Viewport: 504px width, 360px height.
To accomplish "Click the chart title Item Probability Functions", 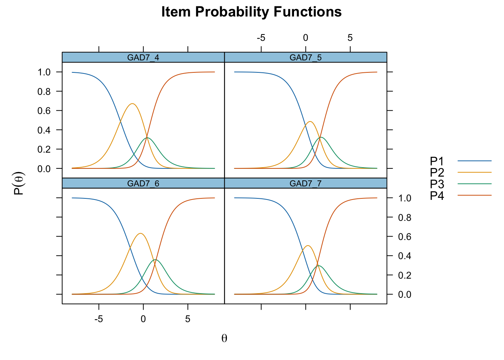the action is (251, 12).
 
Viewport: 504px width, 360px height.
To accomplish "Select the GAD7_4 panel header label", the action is (143, 58).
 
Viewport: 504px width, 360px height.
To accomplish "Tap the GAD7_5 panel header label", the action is (306, 58).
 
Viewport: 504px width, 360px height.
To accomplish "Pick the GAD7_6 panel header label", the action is (143, 183).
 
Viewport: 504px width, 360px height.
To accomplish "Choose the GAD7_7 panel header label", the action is (306, 183).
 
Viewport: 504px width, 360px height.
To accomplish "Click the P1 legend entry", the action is (460, 161).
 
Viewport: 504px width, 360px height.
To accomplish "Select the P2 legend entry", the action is (460, 172).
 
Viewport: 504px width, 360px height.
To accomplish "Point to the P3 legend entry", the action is (460, 184).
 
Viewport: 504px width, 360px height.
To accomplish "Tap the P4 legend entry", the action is (460, 195).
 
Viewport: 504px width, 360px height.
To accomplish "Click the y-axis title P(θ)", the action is (19, 183).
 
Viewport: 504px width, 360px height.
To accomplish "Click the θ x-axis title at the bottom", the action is (224, 338).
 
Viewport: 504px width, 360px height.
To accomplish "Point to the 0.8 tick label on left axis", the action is (44, 91).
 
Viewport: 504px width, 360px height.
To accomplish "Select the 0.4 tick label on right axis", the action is (405, 256).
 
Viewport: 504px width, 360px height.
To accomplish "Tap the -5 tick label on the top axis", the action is (261, 38).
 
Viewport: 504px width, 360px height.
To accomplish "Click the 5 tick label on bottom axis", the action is (187, 319).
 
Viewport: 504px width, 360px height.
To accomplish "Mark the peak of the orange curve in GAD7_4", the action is (132, 104).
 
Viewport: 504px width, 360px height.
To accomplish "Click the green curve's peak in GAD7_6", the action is (155, 259).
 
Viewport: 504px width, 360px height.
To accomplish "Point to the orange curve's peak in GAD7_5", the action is (310, 121).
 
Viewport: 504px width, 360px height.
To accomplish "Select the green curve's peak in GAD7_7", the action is (318, 266).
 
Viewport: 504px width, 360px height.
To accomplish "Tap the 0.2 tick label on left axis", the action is (44, 149).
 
